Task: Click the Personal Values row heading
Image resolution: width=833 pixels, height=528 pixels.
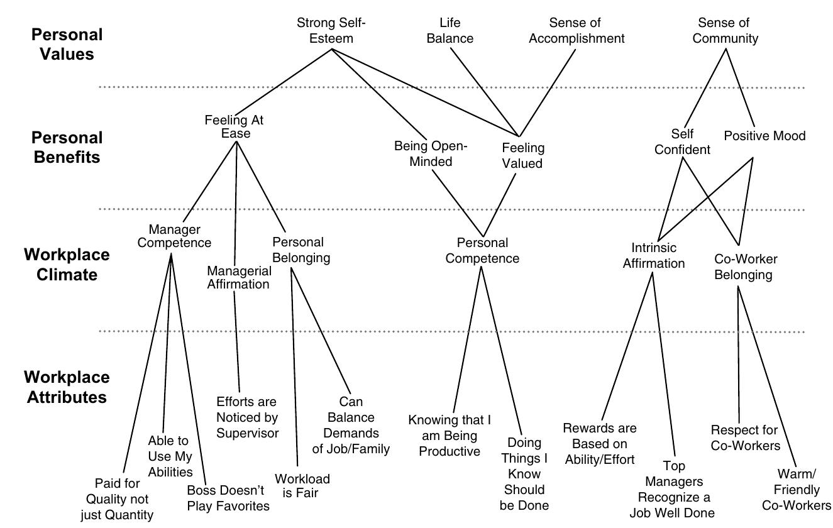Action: click(x=67, y=44)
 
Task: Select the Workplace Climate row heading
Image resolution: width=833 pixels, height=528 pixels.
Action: click(x=67, y=265)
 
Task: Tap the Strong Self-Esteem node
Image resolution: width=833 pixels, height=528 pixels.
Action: click(x=331, y=31)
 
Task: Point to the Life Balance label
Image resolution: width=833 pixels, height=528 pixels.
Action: click(x=450, y=31)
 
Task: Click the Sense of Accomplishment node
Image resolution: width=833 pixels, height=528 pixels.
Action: click(x=576, y=31)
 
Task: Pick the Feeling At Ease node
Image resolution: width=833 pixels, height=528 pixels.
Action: click(x=235, y=126)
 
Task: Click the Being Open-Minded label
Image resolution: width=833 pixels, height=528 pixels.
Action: click(x=431, y=154)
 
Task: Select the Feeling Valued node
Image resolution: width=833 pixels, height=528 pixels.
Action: click(x=522, y=155)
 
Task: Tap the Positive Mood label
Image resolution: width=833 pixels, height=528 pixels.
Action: click(x=764, y=136)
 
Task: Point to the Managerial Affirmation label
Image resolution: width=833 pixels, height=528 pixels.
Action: click(x=239, y=277)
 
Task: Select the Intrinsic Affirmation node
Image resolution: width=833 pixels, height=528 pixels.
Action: click(x=653, y=256)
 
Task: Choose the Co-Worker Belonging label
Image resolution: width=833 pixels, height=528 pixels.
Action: click(x=746, y=267)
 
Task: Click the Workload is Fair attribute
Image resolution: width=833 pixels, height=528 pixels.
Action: click(x=302, y=486)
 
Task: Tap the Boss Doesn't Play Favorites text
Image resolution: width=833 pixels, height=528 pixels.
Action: click(x=228, y=498)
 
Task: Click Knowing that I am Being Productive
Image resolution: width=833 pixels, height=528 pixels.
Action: click(x=449, y=436)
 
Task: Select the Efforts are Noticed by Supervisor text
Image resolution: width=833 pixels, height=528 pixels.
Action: click(x=247, y=417)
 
